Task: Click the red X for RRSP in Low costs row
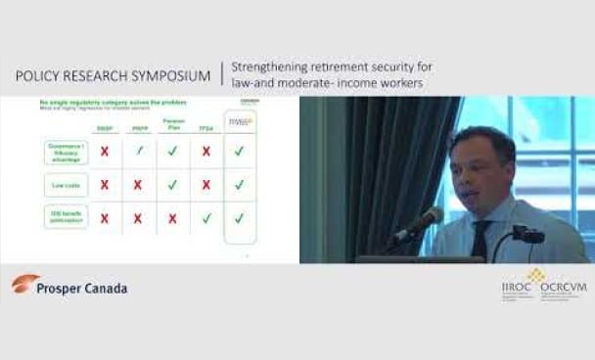[105, 184]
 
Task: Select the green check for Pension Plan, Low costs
[172, 184]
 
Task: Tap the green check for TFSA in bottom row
[206, 218]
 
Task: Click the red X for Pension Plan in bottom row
[172, 218]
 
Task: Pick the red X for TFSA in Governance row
[206, 151]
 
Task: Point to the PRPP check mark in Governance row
[139, 151]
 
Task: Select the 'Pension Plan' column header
[172, 124]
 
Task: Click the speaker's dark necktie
[481, 240]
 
